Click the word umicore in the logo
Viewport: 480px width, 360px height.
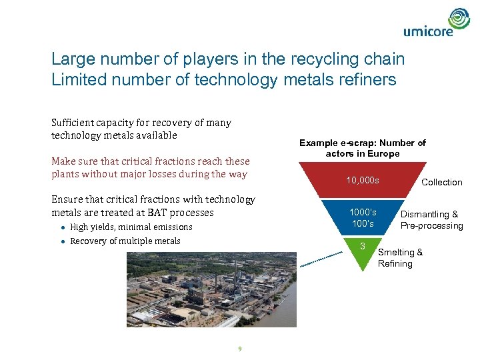(x=428, y=31)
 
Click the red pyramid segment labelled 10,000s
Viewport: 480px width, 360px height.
(x=363, y=181)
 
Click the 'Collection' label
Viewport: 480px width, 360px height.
(x=441, y=182)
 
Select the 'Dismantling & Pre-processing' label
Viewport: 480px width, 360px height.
(x=431, y=220)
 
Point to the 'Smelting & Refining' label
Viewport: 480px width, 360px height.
(x=400, y=258)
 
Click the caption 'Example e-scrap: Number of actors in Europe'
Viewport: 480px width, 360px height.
(x=362, y=148)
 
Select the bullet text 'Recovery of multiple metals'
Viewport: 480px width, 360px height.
(x=125, y=241)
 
